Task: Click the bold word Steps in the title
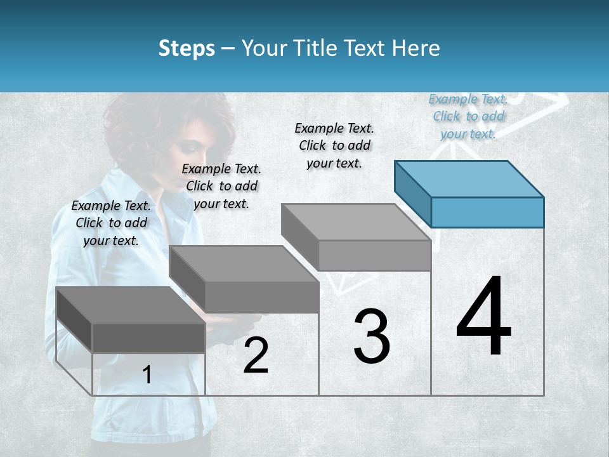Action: [x=187, y=48]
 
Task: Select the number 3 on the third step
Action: [x=372, y=336]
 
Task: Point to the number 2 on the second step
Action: [x=256, y=356]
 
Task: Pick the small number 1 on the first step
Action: [x=147, y=375]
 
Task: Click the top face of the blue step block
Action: [x=469, y=178]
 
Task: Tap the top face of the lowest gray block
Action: [x=130, y=305]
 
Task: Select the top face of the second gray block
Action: [x=244, y=263]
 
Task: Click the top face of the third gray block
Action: [x=356, y=222]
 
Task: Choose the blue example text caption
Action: [x=468, y=116]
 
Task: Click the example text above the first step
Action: [x=111, y=223]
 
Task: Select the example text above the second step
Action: [x=221, y=186]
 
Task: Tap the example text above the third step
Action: [x=334, y=145]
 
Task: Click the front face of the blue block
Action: [x=487, y=212]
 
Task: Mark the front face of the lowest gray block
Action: [x=148, y=338]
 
